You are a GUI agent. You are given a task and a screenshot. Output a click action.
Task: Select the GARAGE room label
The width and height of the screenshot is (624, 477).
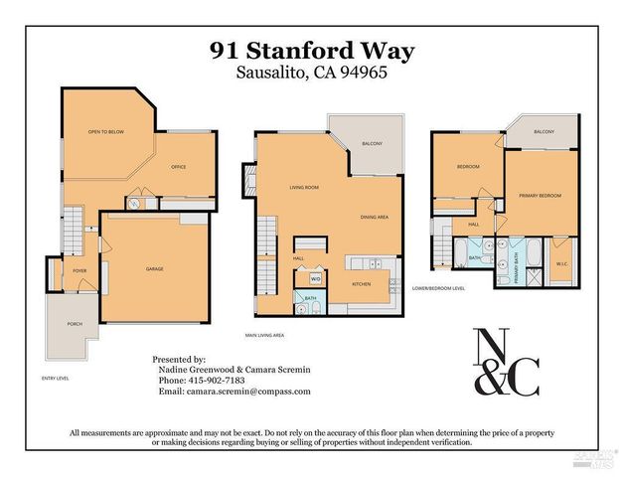tap(155, 269)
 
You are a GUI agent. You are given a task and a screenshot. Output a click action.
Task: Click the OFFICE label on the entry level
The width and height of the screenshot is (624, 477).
tap(178, 167)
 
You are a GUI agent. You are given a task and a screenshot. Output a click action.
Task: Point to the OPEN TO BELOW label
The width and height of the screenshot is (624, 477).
tap(104, 131)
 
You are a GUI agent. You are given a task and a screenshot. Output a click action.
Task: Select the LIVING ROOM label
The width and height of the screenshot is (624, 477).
tap(303, 188)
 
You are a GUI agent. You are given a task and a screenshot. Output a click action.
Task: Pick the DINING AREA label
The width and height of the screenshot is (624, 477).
tap(375, 216)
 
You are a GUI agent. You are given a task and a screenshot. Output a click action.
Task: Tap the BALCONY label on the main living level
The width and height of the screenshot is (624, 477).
tap(372, 145)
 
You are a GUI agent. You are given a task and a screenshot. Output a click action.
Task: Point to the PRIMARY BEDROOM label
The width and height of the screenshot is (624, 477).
tap(540, 196)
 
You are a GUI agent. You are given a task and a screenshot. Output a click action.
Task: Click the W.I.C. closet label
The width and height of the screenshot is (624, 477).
tap(562, 263)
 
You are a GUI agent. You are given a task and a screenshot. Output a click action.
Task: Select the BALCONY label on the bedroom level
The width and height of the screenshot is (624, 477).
tap(544, 132)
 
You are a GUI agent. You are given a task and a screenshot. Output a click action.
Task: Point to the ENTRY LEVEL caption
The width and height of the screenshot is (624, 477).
tap(56, 379)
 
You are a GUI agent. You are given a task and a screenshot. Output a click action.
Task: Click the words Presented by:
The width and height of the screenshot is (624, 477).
tap(179, 359)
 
